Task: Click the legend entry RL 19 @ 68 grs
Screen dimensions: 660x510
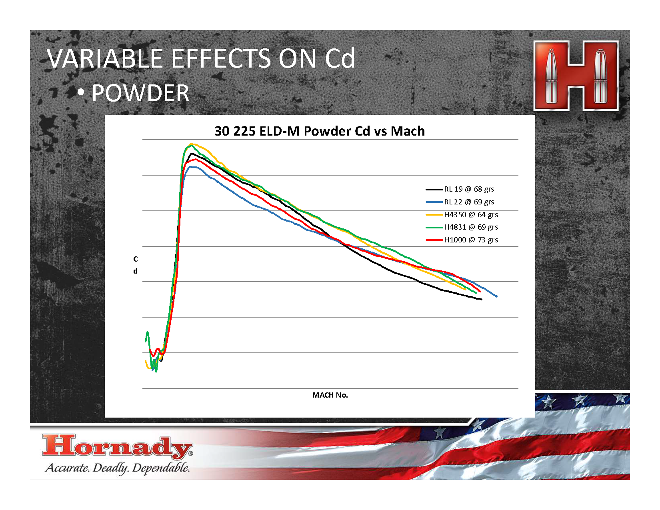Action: click(460, 189)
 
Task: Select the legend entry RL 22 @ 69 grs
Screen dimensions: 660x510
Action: click(460, 202)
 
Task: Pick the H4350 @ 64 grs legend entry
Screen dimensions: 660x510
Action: click(462, 214)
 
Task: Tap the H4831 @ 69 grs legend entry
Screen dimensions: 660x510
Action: click(462, 227)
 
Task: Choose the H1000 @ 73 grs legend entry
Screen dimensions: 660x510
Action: click(462, 240)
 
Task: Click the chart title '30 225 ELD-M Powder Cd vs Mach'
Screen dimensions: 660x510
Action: click(320, 131)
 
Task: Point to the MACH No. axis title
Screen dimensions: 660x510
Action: click(330, 395)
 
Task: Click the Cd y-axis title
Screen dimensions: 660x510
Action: click(136, 265)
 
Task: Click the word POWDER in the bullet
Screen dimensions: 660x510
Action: click(140, 93)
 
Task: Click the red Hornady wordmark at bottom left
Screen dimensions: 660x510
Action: click(117, 446)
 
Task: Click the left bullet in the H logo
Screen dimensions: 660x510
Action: click(551, 76)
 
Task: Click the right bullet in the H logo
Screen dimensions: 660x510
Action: click(600, 76)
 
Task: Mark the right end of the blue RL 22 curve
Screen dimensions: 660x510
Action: click(497, 296)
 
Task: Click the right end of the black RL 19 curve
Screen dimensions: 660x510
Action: click(482, 300)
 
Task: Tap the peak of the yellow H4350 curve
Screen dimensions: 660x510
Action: click(191, 144)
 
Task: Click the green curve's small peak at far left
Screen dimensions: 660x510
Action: click(147, 332)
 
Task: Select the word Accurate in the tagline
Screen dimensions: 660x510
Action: click(67, 468)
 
